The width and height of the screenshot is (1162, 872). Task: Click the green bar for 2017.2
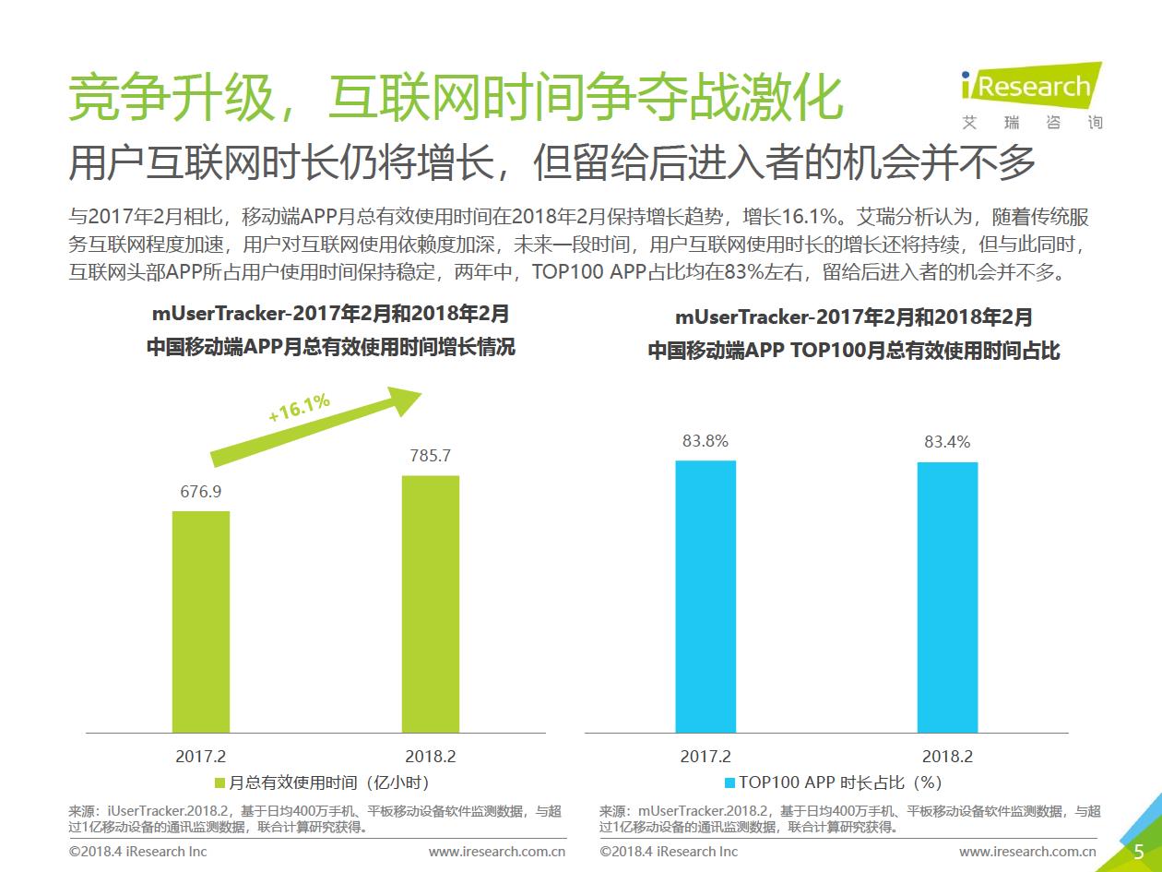(x=201, y=621)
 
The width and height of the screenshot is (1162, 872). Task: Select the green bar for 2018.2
(x=431, y=603)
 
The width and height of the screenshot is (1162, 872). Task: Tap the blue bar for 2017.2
(x=705, y=596)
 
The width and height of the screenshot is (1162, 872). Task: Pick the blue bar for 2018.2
(x=947, y=597)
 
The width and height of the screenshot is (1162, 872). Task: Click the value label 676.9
(x=201, y=492)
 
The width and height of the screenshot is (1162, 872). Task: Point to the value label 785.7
(x=431, y=456)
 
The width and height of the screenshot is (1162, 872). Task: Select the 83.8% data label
(x=705, y=441)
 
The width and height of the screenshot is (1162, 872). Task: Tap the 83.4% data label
(x=947, y=442)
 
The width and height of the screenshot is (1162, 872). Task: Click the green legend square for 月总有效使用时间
(x=219, y=783)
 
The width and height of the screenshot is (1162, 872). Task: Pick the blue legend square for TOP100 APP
(x=729, y=783)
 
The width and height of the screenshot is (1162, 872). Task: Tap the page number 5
(x=1138, y=851)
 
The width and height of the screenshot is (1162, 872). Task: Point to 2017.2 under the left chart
(x=201, y=756)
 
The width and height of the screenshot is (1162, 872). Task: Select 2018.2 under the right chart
(x=947, y=756)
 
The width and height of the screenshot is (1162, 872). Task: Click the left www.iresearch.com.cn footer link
(x=497, y=851)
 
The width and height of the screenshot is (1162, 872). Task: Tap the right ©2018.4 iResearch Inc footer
(x=669, y=851)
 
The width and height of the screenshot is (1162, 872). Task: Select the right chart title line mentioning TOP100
(x=854, y=352)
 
